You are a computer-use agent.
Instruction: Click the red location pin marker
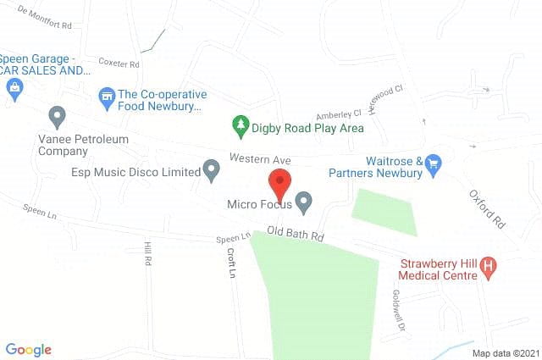click(x=279, y=184)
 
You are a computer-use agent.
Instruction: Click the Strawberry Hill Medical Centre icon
click(x=487, y=268)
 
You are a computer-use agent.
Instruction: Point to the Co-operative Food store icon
click(x=107, y=97)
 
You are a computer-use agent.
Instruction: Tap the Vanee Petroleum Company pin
click(x=58, y=116)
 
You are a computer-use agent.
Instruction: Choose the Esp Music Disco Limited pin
click(x=211, y=170)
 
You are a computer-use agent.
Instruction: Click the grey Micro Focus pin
click(x=303, y=202)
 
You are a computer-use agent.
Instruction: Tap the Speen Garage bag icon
click(x=14, y=91)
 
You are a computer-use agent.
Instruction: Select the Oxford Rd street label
click(x=486, y=208)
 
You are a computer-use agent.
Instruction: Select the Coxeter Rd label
click(x=119, y=63)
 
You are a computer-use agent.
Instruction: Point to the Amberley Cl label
click(x=338, y=114)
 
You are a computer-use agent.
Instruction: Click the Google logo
click(x=28, y=349)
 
